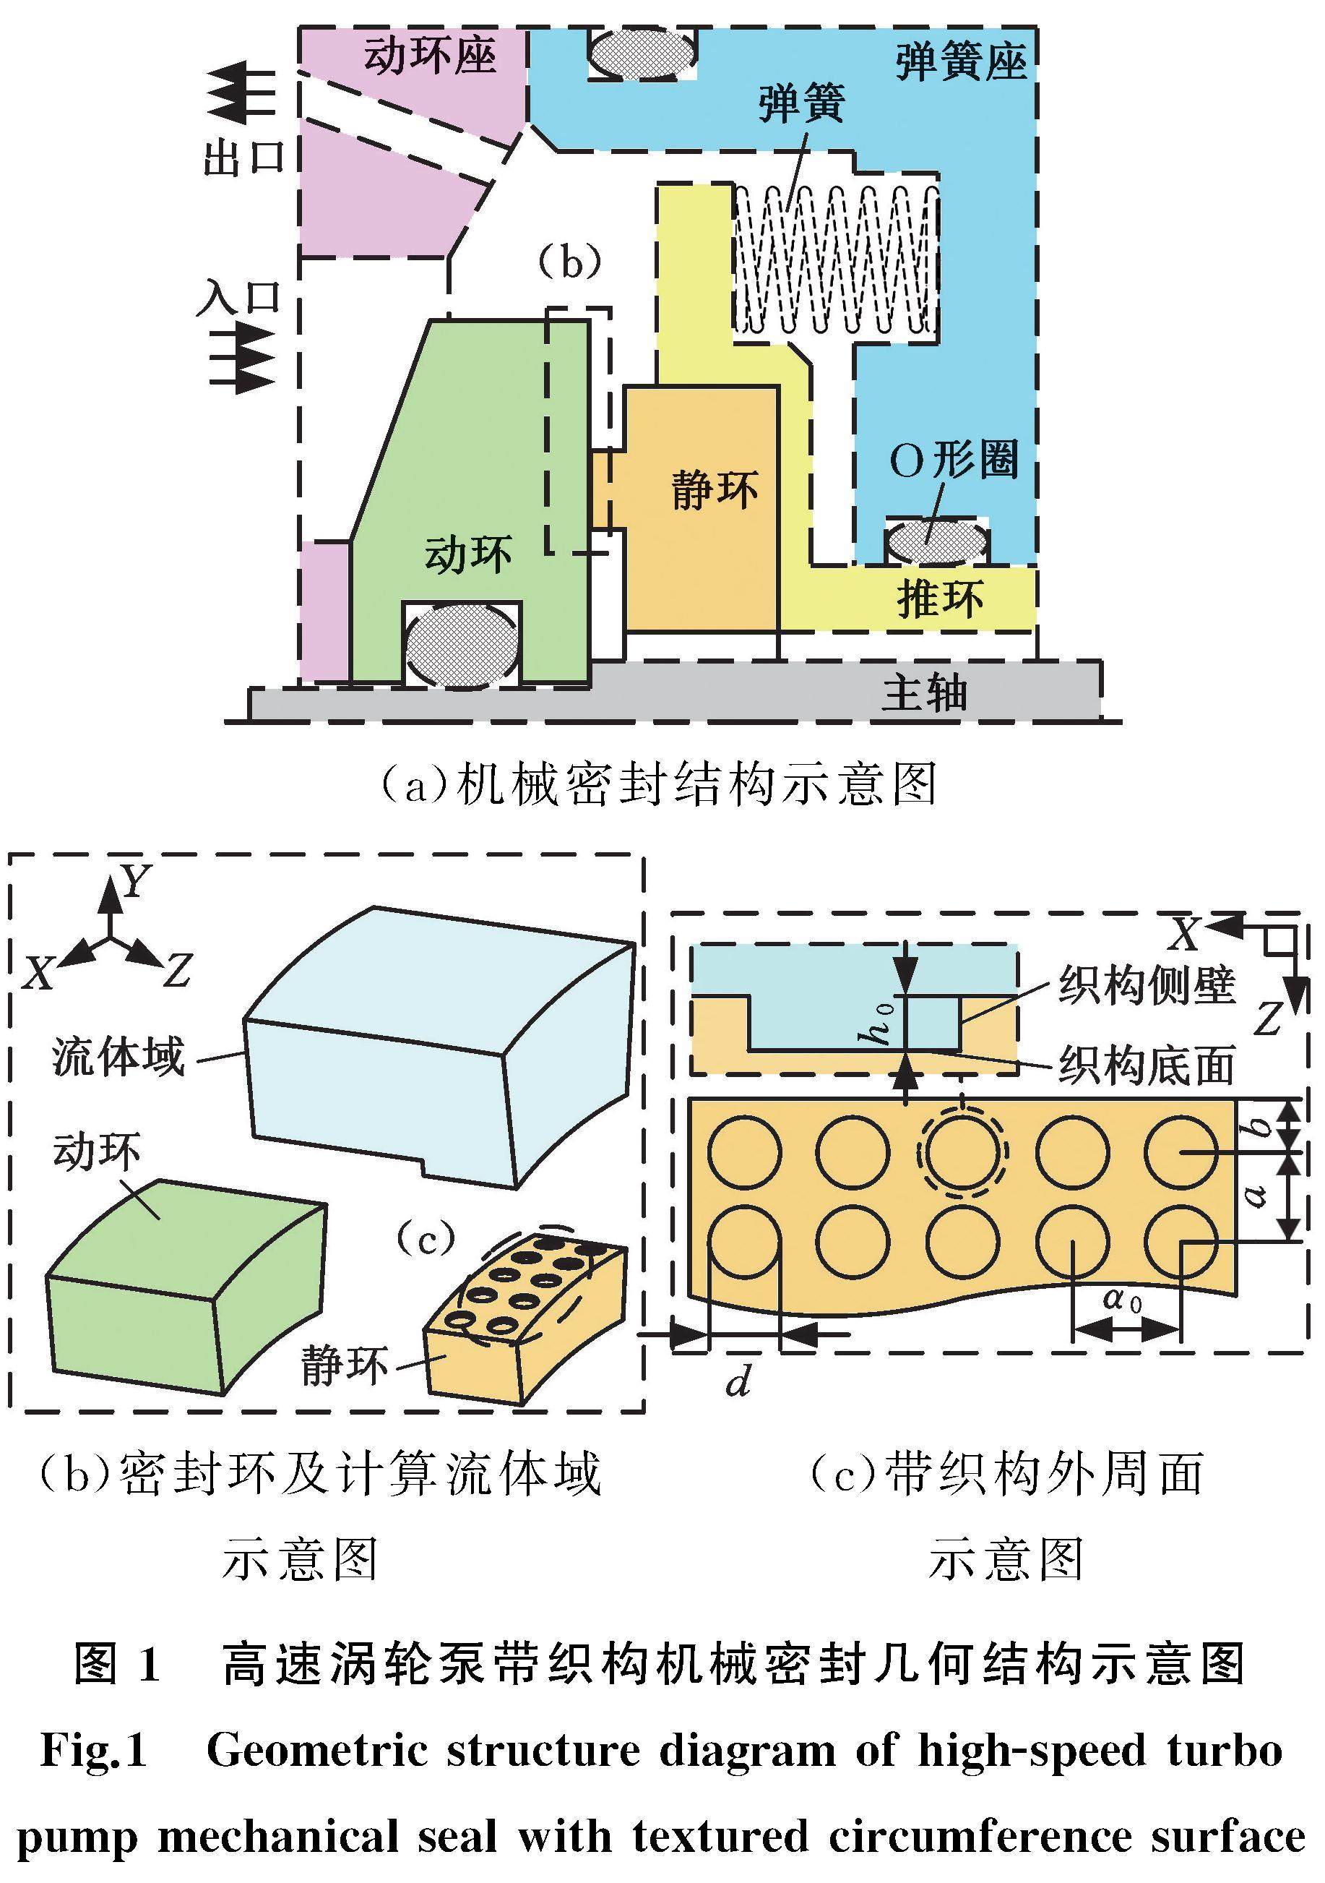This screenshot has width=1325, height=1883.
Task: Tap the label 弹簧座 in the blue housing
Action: pyautogui.click(x=961, y=62)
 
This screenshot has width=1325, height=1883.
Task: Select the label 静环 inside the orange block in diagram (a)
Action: pyautogui.click(x=714, y=489)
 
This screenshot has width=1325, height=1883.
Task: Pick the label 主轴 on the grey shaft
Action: pyautogui.click(x=924, y=693)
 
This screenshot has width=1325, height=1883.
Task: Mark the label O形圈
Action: pyautogui.click(x=954, y=460)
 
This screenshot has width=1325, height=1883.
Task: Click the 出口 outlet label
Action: pyautogui.click(x=243, y=156)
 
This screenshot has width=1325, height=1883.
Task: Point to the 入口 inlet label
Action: pyautogui.click(x=239, y=299)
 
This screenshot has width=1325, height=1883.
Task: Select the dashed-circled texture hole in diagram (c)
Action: pyautogui.click(x=962, y=1151)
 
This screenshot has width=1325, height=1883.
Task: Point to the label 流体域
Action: pyautogui.click(x=118, y=1056)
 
